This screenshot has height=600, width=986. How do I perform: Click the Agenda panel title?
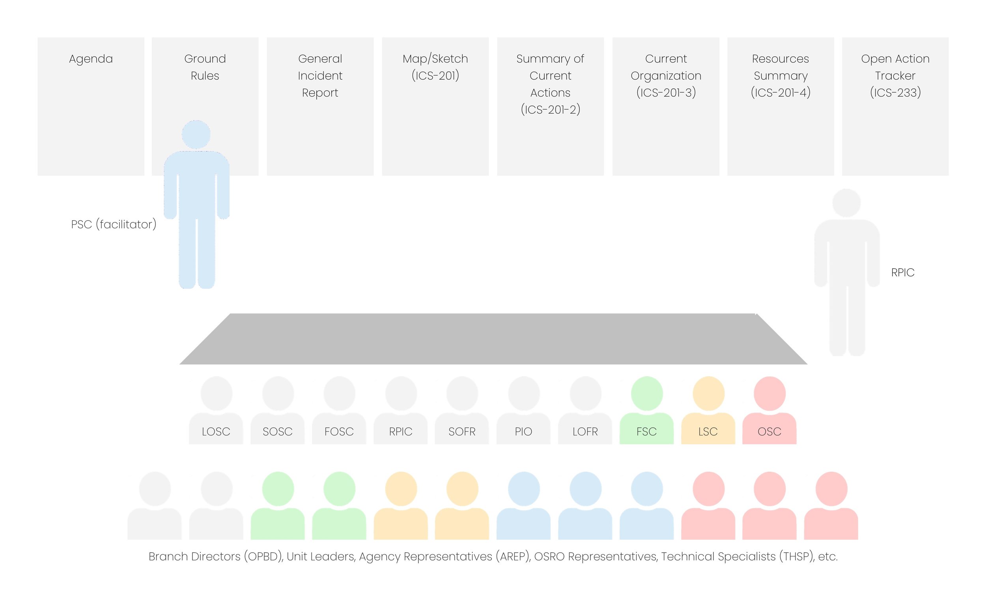point(91,59)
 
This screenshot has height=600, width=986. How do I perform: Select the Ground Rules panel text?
point(205,67)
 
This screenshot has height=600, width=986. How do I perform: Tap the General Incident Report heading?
point(320,76)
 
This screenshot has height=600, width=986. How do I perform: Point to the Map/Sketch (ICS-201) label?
point(435,67)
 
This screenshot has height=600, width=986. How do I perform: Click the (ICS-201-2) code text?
point(550,109)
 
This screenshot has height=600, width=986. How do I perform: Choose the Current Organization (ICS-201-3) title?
point(666,76)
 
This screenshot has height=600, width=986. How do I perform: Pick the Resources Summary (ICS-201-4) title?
point(780,76)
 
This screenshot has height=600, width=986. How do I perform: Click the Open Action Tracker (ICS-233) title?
point(895,76)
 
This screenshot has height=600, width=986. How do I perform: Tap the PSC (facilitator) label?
point(114,224)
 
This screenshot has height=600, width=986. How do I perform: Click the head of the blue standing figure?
point(196,135)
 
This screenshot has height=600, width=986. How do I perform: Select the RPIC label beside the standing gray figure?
point(903,273)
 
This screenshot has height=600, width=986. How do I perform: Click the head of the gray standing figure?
point(846,203)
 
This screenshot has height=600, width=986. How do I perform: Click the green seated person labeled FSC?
point(647,412)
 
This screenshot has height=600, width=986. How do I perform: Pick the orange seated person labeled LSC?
point(708,412)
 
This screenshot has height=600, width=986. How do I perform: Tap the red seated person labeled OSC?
point(769,412)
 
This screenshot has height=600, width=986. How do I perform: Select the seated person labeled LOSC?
point(216,412)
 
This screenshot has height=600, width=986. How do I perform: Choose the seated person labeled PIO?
point(523,412)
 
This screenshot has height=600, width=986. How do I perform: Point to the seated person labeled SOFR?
point(462,412)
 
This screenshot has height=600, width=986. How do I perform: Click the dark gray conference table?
point(493,339)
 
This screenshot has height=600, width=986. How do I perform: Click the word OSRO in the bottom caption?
point(549,556)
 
